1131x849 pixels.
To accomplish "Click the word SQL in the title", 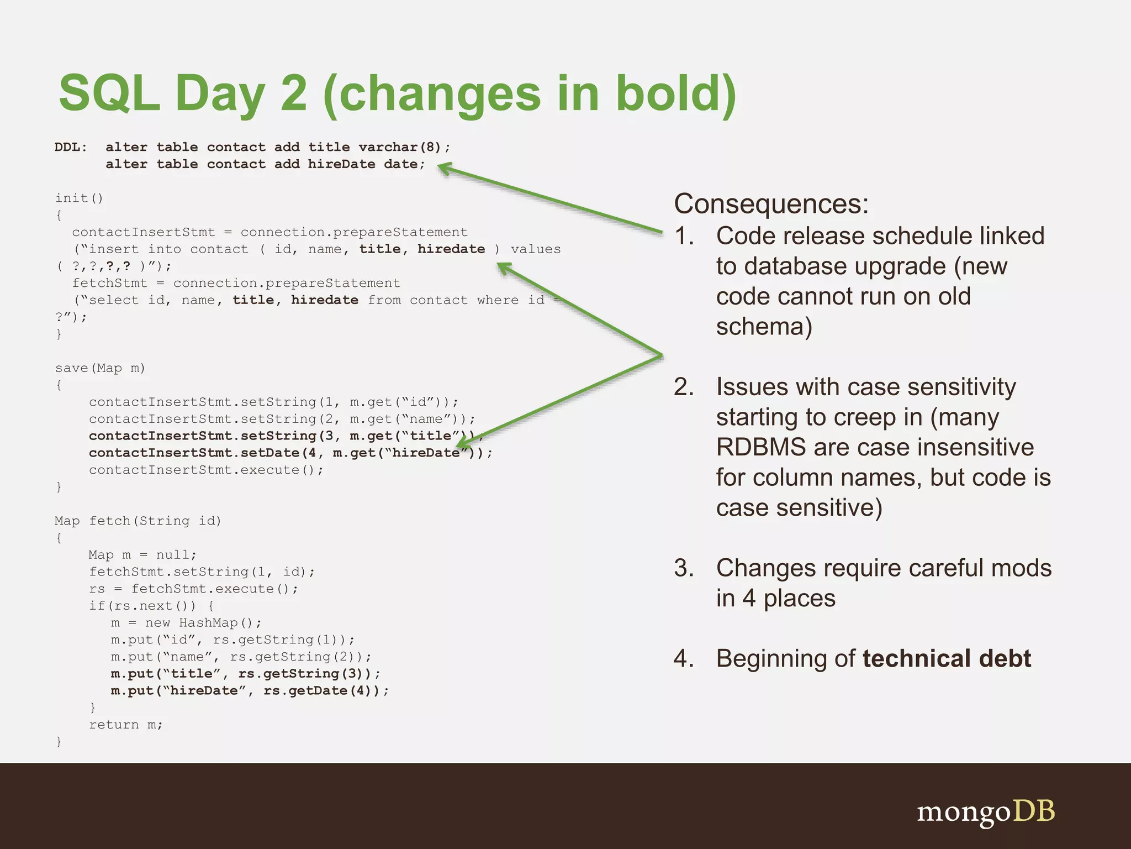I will coord(109,93).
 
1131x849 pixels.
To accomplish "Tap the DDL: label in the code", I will coord(71,147).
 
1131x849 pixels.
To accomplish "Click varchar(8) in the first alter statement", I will coord(399,147).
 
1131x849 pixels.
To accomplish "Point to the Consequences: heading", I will coord(771,203).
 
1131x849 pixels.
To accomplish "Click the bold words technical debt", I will coord(946,658).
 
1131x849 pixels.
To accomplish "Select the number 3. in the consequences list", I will coord(684,568).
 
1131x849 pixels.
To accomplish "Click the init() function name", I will coord(79,198).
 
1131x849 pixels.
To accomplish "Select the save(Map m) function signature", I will coord(100,368).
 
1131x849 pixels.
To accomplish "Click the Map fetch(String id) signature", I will coord(138,521).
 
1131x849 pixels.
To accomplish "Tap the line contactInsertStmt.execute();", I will coord(205,470).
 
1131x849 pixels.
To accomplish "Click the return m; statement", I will coord(126,725).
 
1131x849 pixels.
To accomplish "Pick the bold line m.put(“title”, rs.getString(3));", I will coord(245,674).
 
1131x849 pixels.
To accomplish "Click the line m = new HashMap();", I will coord(186,623).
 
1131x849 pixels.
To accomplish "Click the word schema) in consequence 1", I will coord(764,326).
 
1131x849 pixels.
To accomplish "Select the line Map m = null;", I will coord(142,555).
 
